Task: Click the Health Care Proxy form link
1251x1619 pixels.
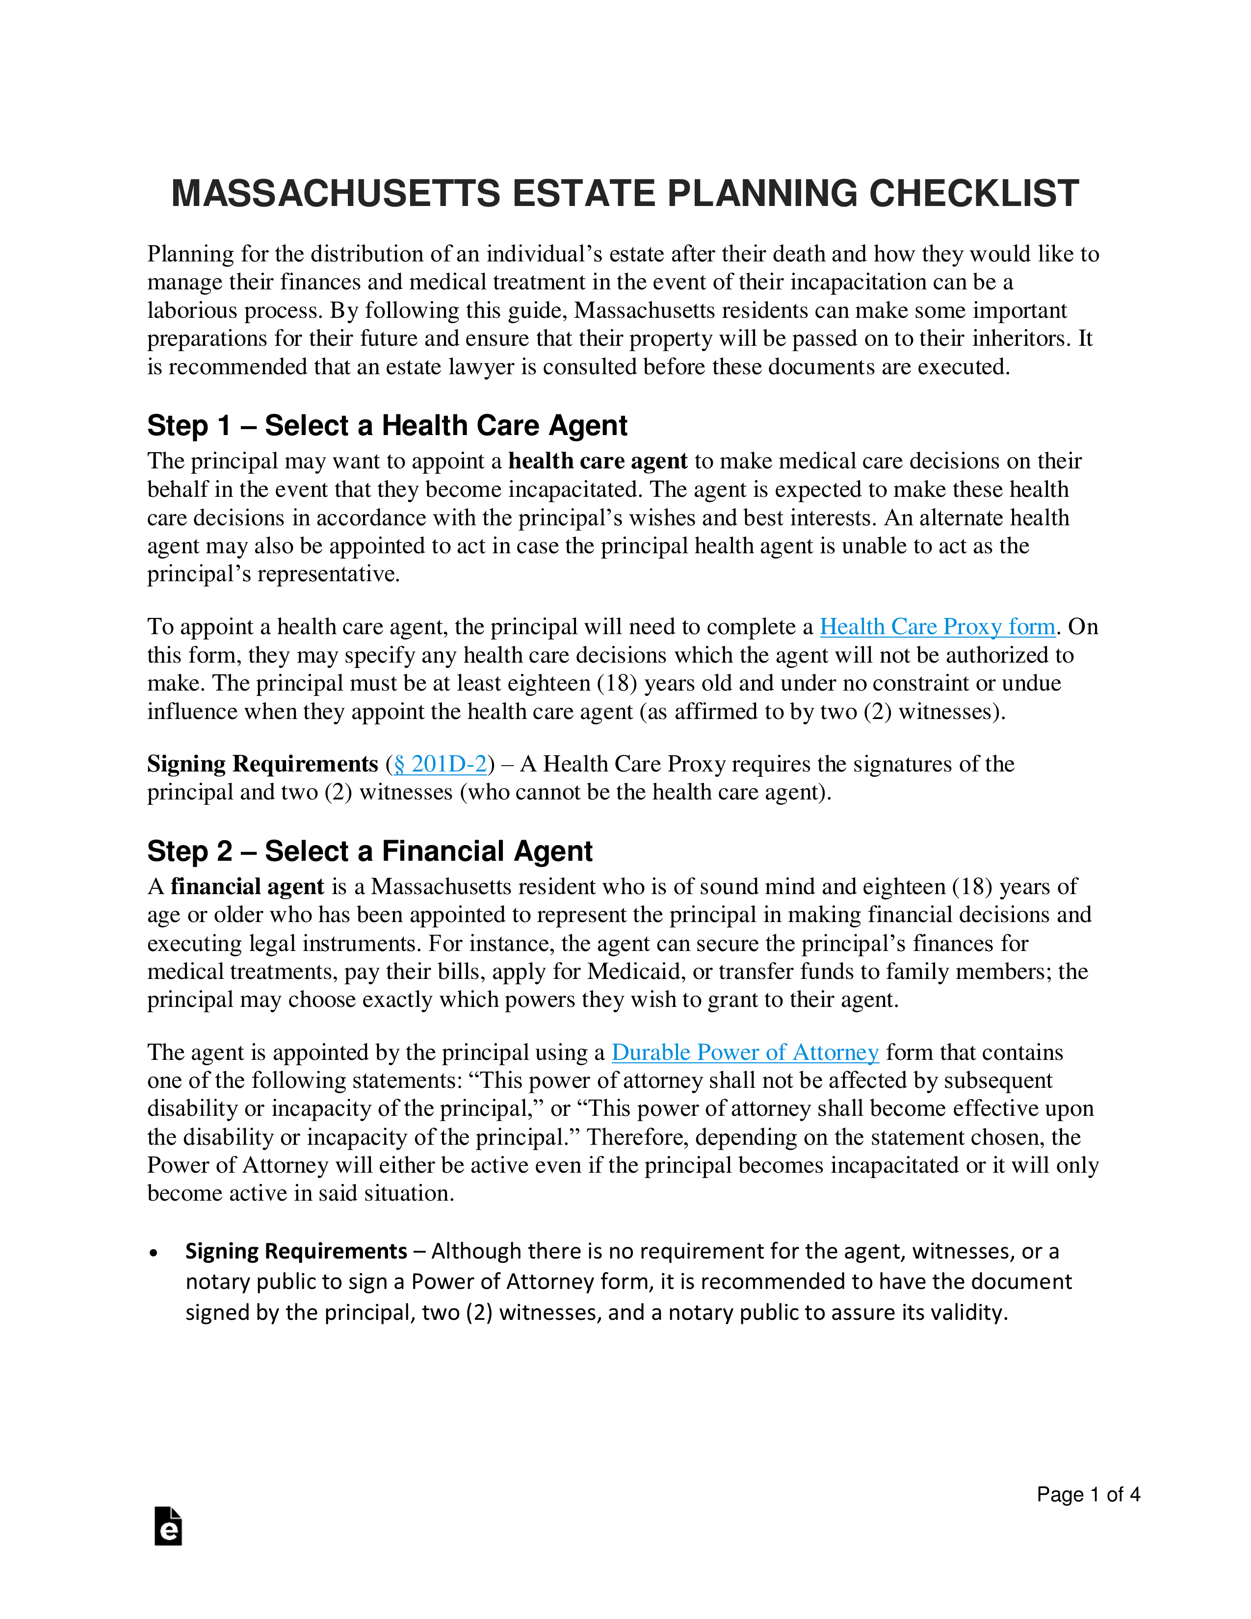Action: point(937,627)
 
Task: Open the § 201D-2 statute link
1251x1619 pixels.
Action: point(440,764)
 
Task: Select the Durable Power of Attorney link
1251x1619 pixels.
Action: point(745,1053)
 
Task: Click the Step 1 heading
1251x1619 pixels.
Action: point(387,426)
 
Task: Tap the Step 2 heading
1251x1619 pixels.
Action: point(369,852)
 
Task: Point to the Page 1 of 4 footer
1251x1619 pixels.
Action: point(1087,1494)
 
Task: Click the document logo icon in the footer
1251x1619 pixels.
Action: point(168,1526)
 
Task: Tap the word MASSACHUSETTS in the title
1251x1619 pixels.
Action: point(335,194)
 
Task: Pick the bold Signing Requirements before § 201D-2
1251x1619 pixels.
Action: point(262,764)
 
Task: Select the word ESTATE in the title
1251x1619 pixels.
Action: point(584,194)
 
